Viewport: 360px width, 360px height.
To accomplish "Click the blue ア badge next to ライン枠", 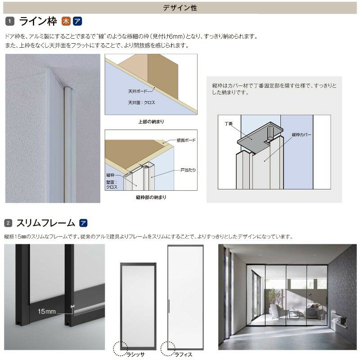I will (x=77, y=21).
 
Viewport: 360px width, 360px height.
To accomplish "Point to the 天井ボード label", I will (x=138, y=91).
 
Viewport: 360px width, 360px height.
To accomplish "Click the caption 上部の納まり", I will (x=151, y=121).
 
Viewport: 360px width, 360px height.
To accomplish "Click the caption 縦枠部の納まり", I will (x=151, y=197).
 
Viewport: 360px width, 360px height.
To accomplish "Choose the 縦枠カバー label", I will (x=301, y=135).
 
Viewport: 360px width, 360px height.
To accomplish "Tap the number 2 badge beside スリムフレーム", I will (x=8, y=223).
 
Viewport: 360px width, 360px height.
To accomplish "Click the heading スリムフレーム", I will (x=46, y=223).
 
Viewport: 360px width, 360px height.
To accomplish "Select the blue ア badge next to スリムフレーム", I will (x=83, y=223).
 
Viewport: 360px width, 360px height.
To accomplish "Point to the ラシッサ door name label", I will (x=135, y=355).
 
